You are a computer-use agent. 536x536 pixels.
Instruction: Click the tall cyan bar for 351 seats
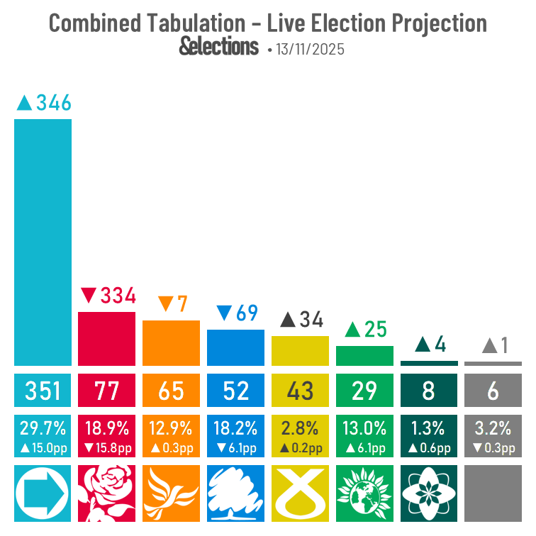tap(43, 242)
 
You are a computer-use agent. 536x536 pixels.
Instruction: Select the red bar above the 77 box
tap(106, 338)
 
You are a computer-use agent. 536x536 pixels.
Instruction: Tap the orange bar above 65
tap(171, 342)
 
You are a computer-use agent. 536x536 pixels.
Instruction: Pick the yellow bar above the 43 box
tap(300, 350)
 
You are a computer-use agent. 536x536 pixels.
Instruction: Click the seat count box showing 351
tap(43, 390)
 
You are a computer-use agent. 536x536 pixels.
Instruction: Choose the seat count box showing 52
tap(235, 390)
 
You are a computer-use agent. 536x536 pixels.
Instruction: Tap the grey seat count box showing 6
tap(493, 390)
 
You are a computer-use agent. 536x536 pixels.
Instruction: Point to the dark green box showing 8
tap(429, 390)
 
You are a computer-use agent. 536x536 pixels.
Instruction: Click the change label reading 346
tap(44, 103)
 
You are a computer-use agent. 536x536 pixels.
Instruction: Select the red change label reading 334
tap(108, 296)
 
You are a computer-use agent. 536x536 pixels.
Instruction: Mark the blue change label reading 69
tap(237, 313)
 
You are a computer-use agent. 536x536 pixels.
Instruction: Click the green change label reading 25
tap(365, 330)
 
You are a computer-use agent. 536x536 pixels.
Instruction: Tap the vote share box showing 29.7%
tap(43, 436)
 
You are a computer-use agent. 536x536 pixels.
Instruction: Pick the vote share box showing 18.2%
tap(235, 436)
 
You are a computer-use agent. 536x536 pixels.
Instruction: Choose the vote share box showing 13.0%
tap(364, 436)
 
